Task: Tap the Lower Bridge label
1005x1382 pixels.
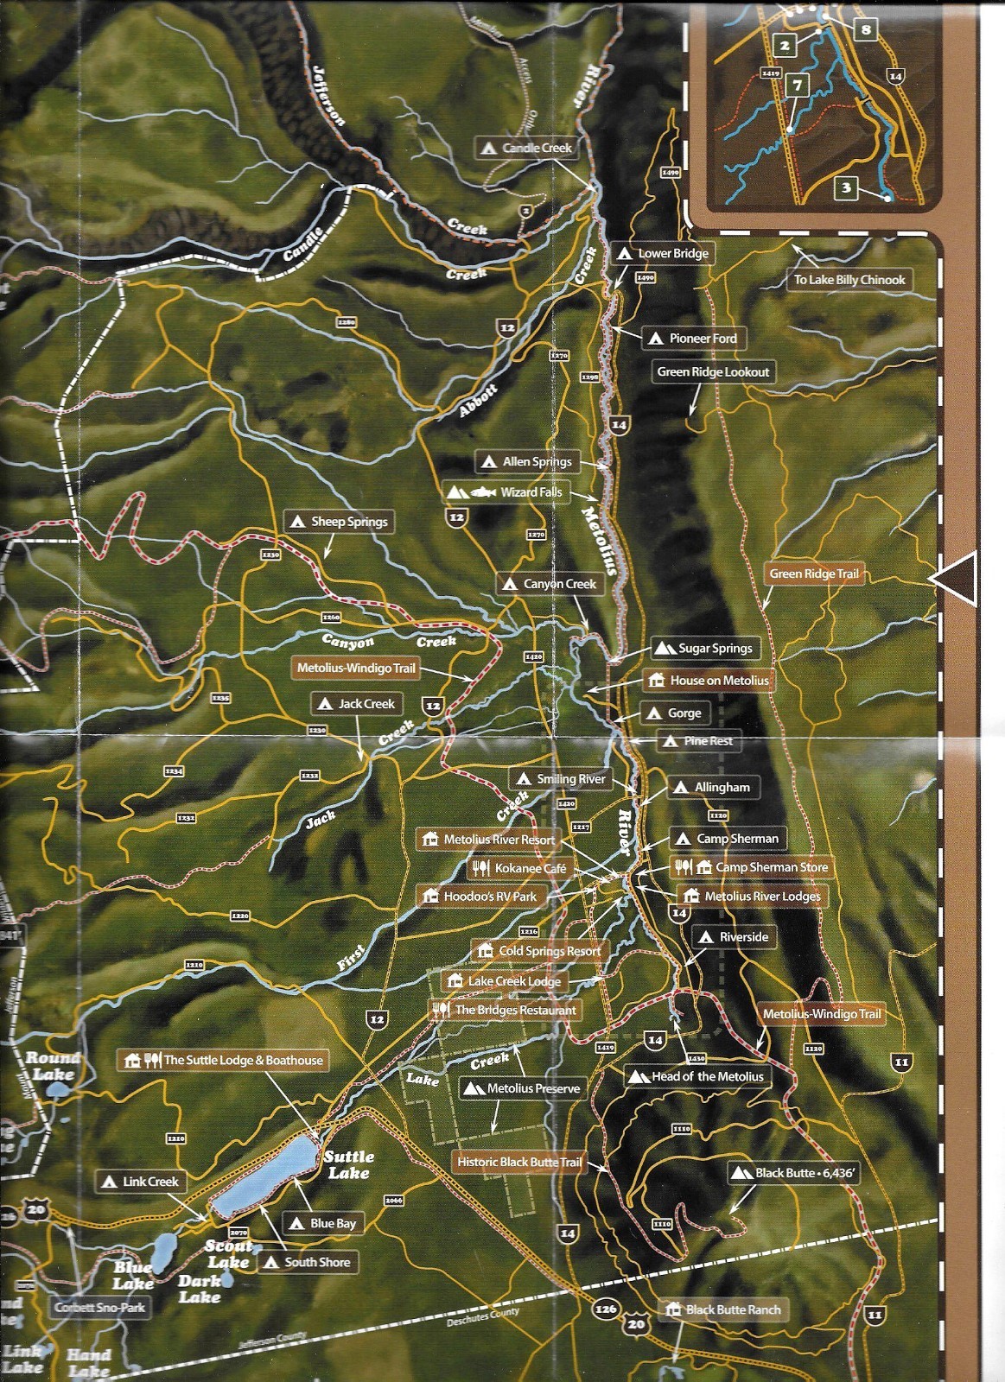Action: tap(663, 253)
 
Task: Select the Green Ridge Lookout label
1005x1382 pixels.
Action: tap(713, 372)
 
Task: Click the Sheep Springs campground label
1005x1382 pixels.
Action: tap(339, 522)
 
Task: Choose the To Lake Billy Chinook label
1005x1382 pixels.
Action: tap(849, 280)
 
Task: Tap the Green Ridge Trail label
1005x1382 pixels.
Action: tap(814, 574)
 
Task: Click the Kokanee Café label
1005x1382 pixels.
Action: tap(520, 868)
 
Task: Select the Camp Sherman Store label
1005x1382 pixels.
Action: tap(752, 867)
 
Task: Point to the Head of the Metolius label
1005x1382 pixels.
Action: tap(697, 1076)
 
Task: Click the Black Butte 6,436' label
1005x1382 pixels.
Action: tap(793, 1173)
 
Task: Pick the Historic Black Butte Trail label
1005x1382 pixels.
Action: tap(518, 1162)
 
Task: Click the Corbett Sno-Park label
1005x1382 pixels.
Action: tap(100, 1308)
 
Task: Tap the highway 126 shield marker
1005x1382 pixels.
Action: tap(606, 1309)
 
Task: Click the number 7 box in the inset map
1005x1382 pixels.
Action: tap(797, 85)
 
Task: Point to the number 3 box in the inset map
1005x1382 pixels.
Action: tap(846, 187)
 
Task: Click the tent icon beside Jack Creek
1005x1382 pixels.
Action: tap(325, 704)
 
